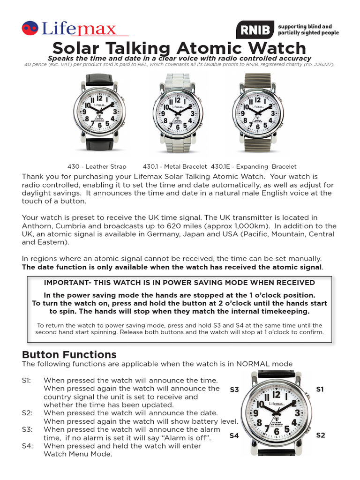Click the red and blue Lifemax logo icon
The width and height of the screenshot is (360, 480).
pyautogui.click(x=30, y=29)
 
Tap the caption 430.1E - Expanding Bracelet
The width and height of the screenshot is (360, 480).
pyautogui.click(x=254, y=166)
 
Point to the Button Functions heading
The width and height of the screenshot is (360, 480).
pyautogui.click(x=69, y=354)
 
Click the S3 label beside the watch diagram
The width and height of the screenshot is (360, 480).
pyautogui.click(x=234, y=390)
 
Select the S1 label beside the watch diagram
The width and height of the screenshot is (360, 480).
pyautogui.click(x=320, y=389)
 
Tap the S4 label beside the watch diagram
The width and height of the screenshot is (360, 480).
pyautogui.click(x=234, y=435)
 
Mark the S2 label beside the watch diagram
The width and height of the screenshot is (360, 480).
pyautogui.click(x=320, y=435)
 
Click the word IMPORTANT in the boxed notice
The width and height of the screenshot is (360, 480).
pyautogui.click(x=65, y=283)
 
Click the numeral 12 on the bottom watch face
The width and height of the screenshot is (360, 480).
pyautogui.click(x=276, y=395)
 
